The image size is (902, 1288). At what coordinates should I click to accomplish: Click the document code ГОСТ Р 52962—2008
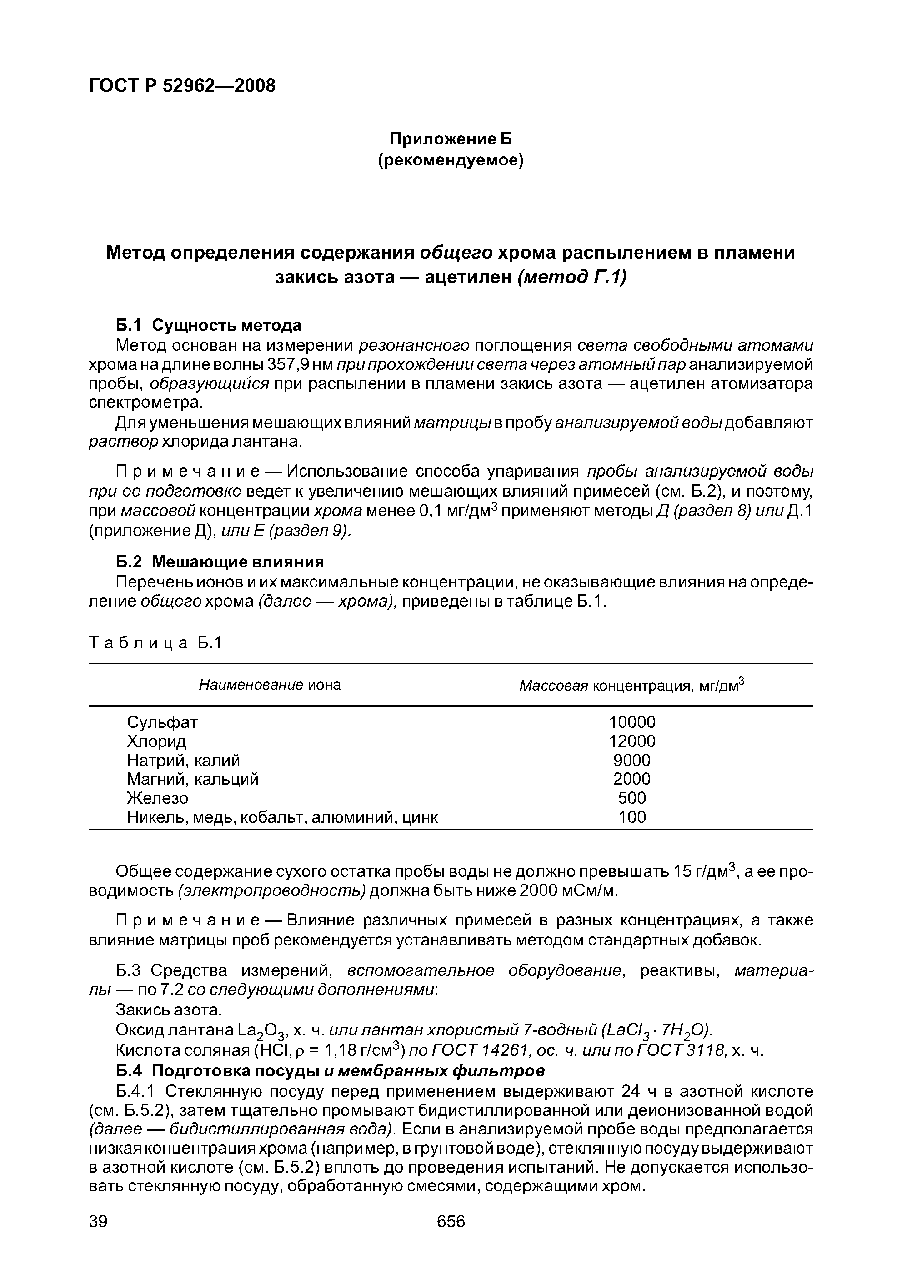182,86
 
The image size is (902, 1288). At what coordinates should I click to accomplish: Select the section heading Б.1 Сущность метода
208,325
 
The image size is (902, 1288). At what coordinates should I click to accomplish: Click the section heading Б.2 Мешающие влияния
220,562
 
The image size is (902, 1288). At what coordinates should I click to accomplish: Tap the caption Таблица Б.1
155,643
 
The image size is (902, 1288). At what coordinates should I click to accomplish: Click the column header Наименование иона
270,685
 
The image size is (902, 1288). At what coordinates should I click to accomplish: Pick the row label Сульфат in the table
162,722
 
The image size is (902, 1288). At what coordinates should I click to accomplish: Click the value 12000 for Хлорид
632,741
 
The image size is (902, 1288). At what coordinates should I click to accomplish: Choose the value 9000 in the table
632,760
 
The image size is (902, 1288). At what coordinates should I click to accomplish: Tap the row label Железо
158,798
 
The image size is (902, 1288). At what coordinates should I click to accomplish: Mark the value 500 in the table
632,798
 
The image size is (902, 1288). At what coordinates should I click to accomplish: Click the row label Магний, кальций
192,779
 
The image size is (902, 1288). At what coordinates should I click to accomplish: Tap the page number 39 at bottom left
98,1221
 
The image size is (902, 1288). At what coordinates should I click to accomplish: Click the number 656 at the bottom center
451,1221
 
